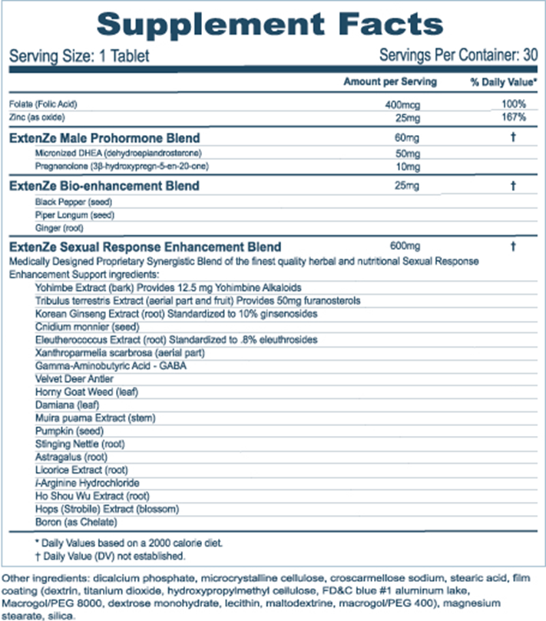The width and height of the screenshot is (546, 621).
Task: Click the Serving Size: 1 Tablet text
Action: point(78,57)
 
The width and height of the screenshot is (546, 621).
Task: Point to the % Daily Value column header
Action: point(503,81)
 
